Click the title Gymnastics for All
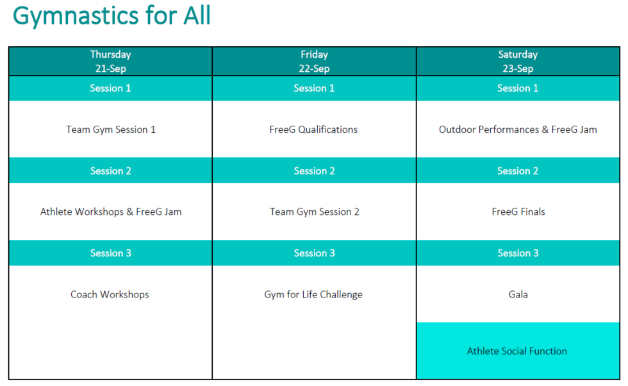pos(112,15)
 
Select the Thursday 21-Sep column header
pos(110,62)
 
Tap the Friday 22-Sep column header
pos(314,62)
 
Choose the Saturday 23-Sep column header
pos(518,62)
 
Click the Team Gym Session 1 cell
pos(111,130)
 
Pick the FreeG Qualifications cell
pos(313,130)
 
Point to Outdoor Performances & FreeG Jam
pos(518,130)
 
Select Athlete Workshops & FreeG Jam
pos(111,212)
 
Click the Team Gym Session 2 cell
pos(314,212)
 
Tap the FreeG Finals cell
pos(518,212)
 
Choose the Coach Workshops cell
pos(110,294)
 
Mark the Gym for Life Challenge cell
pos(313,294)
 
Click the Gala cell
pos(518,294)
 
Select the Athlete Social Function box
pos(517,351)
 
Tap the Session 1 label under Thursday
pos(110,88)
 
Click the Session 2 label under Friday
pos(314,171)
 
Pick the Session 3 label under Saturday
pos(518,253)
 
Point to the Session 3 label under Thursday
pos(110,253)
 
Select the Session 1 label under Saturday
pos(518,88)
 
